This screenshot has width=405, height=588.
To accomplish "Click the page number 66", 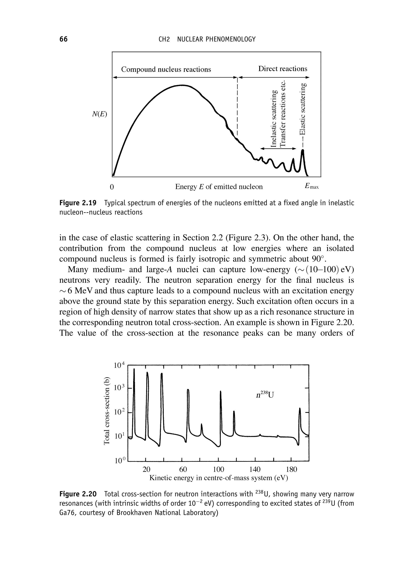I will pos(63,39).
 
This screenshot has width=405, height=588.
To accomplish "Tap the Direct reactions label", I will pos(282,69).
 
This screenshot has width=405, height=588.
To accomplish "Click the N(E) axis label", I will pos(100,114).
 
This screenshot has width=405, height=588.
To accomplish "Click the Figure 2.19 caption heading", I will pos(78,203).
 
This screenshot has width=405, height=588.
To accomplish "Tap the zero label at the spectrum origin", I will pos(111,187).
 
